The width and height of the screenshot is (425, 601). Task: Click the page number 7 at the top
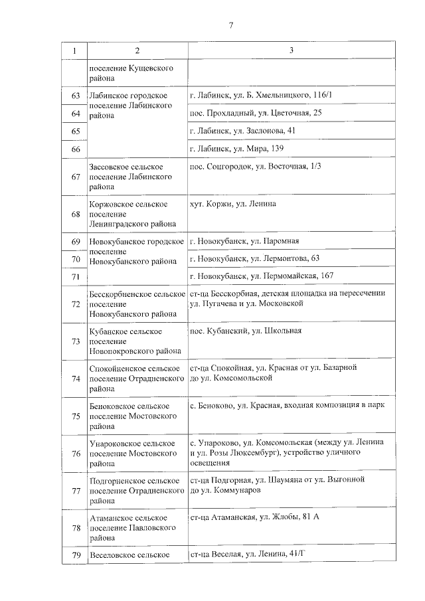click(231, 25)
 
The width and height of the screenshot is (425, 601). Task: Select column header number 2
click(136, 51)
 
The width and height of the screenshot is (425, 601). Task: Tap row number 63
click(75, 96)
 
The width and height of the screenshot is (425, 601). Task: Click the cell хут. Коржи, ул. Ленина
click(232, 203)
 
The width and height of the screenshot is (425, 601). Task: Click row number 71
click(75, 276)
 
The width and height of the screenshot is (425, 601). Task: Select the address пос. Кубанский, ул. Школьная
click(246, 330)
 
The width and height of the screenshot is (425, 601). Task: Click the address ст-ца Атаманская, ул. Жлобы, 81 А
click(254, 517)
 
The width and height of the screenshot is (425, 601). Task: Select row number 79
click(75, 555)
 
